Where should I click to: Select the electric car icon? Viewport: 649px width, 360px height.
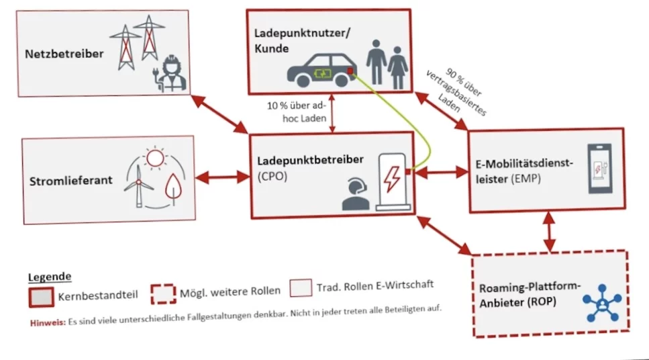(320, 69)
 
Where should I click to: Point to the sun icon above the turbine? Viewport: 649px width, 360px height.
(155, 159)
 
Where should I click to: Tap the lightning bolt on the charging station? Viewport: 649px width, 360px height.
(391, 179)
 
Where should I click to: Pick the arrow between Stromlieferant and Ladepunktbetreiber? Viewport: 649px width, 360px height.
(222, 178)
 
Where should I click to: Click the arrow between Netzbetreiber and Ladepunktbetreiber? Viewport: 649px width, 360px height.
(219, 114)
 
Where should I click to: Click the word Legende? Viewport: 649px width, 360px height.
(50, 277)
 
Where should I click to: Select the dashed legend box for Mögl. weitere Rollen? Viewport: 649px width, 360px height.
(164, 293)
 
